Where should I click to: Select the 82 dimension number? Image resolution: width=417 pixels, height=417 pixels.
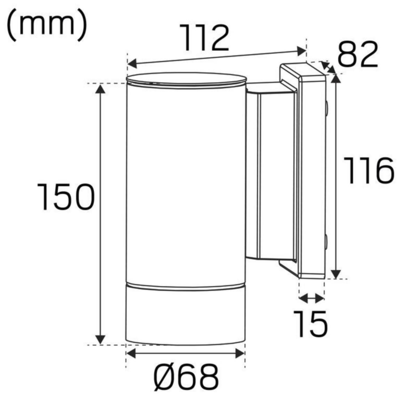358,54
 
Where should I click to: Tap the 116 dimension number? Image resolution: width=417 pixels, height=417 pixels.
369,171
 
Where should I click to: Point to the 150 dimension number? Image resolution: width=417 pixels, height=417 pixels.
66,197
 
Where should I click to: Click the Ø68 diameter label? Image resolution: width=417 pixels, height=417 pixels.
186,377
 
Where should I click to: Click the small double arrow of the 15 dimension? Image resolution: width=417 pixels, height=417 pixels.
311,298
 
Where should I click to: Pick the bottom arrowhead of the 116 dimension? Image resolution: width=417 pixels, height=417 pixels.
335,273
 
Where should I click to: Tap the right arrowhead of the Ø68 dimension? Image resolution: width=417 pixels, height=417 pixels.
240,354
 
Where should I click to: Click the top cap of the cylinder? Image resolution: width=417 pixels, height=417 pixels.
186,80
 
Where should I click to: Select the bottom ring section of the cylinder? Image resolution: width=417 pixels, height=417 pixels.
186,314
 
